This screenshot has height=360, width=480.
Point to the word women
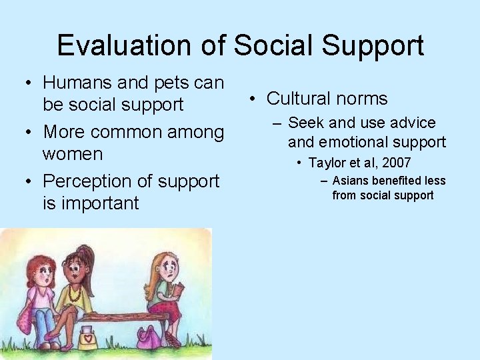72,154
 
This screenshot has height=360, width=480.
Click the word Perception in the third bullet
86,181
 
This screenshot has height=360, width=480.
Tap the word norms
364,99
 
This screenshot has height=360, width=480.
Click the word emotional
353,141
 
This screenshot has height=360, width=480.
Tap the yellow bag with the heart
88,337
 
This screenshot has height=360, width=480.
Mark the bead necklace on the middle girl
73,293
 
